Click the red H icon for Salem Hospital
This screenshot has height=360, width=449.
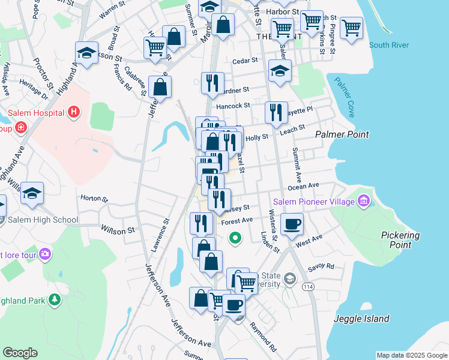74,112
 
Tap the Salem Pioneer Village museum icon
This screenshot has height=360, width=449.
364,202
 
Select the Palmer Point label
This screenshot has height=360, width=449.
342,135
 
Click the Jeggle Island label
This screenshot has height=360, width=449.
361,319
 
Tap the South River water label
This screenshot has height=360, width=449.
389,45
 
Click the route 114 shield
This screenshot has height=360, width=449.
309,287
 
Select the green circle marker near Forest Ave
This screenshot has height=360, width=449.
236,238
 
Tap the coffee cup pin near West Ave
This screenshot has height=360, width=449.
292,224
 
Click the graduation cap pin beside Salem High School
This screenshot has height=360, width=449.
32,193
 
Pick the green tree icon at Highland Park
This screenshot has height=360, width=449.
55,299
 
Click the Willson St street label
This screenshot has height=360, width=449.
118,230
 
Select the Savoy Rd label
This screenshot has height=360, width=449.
322,266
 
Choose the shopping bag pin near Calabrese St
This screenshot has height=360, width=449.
160,88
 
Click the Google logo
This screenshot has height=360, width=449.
20,353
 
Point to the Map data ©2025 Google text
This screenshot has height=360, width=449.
411,355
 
